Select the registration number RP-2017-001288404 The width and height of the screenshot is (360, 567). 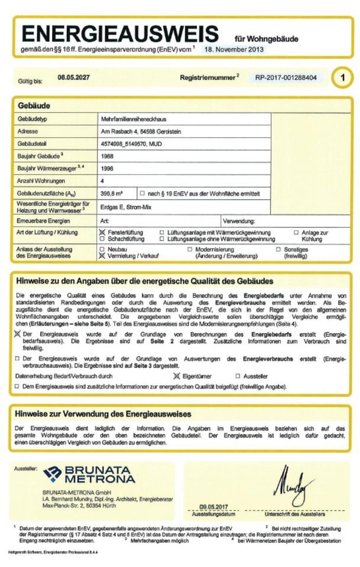tap(286, 77)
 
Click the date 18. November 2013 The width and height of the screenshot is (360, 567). tap(234, 50)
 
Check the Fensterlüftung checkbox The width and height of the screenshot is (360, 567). tap(102, 233)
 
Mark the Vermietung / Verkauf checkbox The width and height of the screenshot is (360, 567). tap(102, 257)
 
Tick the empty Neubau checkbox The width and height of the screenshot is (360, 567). tap(102, 249)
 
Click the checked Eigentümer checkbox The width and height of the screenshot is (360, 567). tap(176, 376)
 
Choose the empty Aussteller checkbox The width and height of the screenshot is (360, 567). tap(238, 376)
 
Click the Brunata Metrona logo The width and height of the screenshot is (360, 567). tap(89, 474)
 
